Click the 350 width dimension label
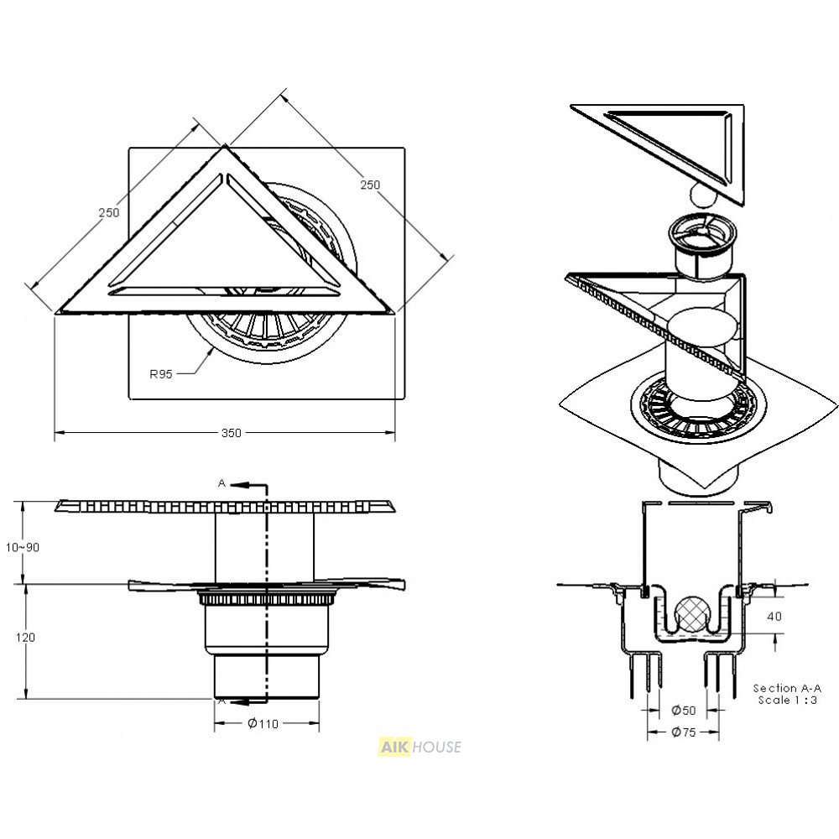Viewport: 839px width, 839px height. tap(232, 433)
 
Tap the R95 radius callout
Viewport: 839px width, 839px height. tap(160, 374)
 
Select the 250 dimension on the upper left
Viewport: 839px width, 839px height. tap(108, 212)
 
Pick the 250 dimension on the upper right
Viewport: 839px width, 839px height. tap(370, 185)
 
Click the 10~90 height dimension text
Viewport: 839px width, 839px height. tap(23, 547)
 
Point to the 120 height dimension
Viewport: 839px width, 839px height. tap(25, 638)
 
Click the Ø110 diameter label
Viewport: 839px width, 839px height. tap(263, 724)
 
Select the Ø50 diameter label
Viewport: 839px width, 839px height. tap(683, 711)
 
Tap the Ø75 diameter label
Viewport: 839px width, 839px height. tap(683, 732)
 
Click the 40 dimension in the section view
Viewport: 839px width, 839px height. tap(774, 617)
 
